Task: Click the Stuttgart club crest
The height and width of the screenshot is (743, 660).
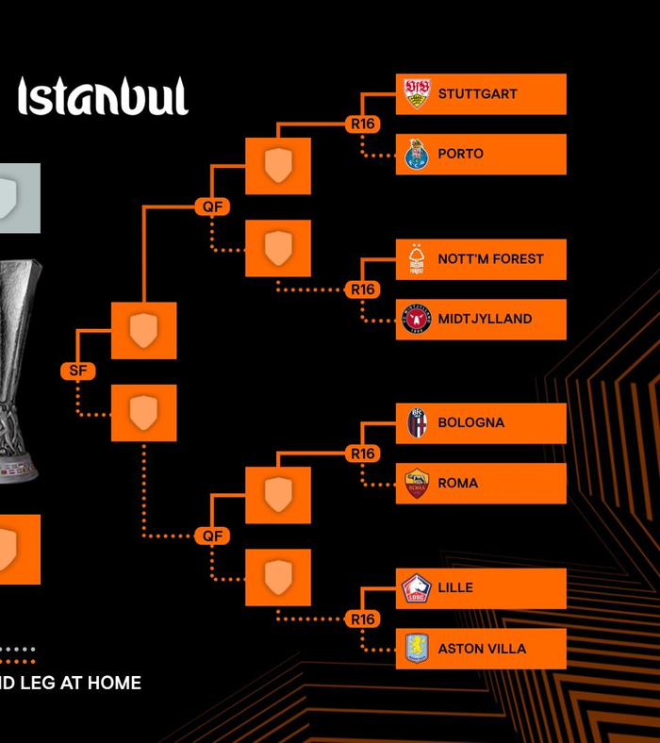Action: tap(417, 93)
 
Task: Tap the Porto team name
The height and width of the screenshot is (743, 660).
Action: tap(460, 154)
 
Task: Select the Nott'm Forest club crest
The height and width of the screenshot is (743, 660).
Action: tap(417, 259)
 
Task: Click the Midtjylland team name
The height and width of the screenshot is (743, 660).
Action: tap(485, 319)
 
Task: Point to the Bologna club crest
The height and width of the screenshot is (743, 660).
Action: tap(417, 422)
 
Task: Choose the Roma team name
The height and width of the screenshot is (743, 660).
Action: tap(457, 483)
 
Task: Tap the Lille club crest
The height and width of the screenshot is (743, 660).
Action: tap(417, 588)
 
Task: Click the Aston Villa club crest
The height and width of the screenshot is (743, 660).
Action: tap(417, 648)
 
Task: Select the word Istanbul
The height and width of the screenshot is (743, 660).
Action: tap(103, 97)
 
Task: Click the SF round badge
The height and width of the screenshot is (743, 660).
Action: tap(77, 371)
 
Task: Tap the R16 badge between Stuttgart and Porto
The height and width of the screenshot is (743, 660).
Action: tap(363, 124)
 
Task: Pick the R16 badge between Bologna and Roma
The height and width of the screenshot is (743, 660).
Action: tap(363, 454)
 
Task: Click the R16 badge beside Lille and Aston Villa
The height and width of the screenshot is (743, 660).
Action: tap(363, 619)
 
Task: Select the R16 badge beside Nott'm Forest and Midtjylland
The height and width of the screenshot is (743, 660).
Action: tap(363, 289)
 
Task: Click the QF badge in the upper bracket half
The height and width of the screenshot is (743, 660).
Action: tap(213, 206)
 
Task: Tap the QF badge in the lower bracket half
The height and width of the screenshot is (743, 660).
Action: tap(213, 536)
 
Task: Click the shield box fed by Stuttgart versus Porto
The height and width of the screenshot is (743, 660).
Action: tap(278, 166)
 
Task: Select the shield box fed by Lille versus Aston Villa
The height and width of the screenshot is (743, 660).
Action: tap(278, 577)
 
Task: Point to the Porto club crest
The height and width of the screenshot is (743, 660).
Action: tap(417, 154)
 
